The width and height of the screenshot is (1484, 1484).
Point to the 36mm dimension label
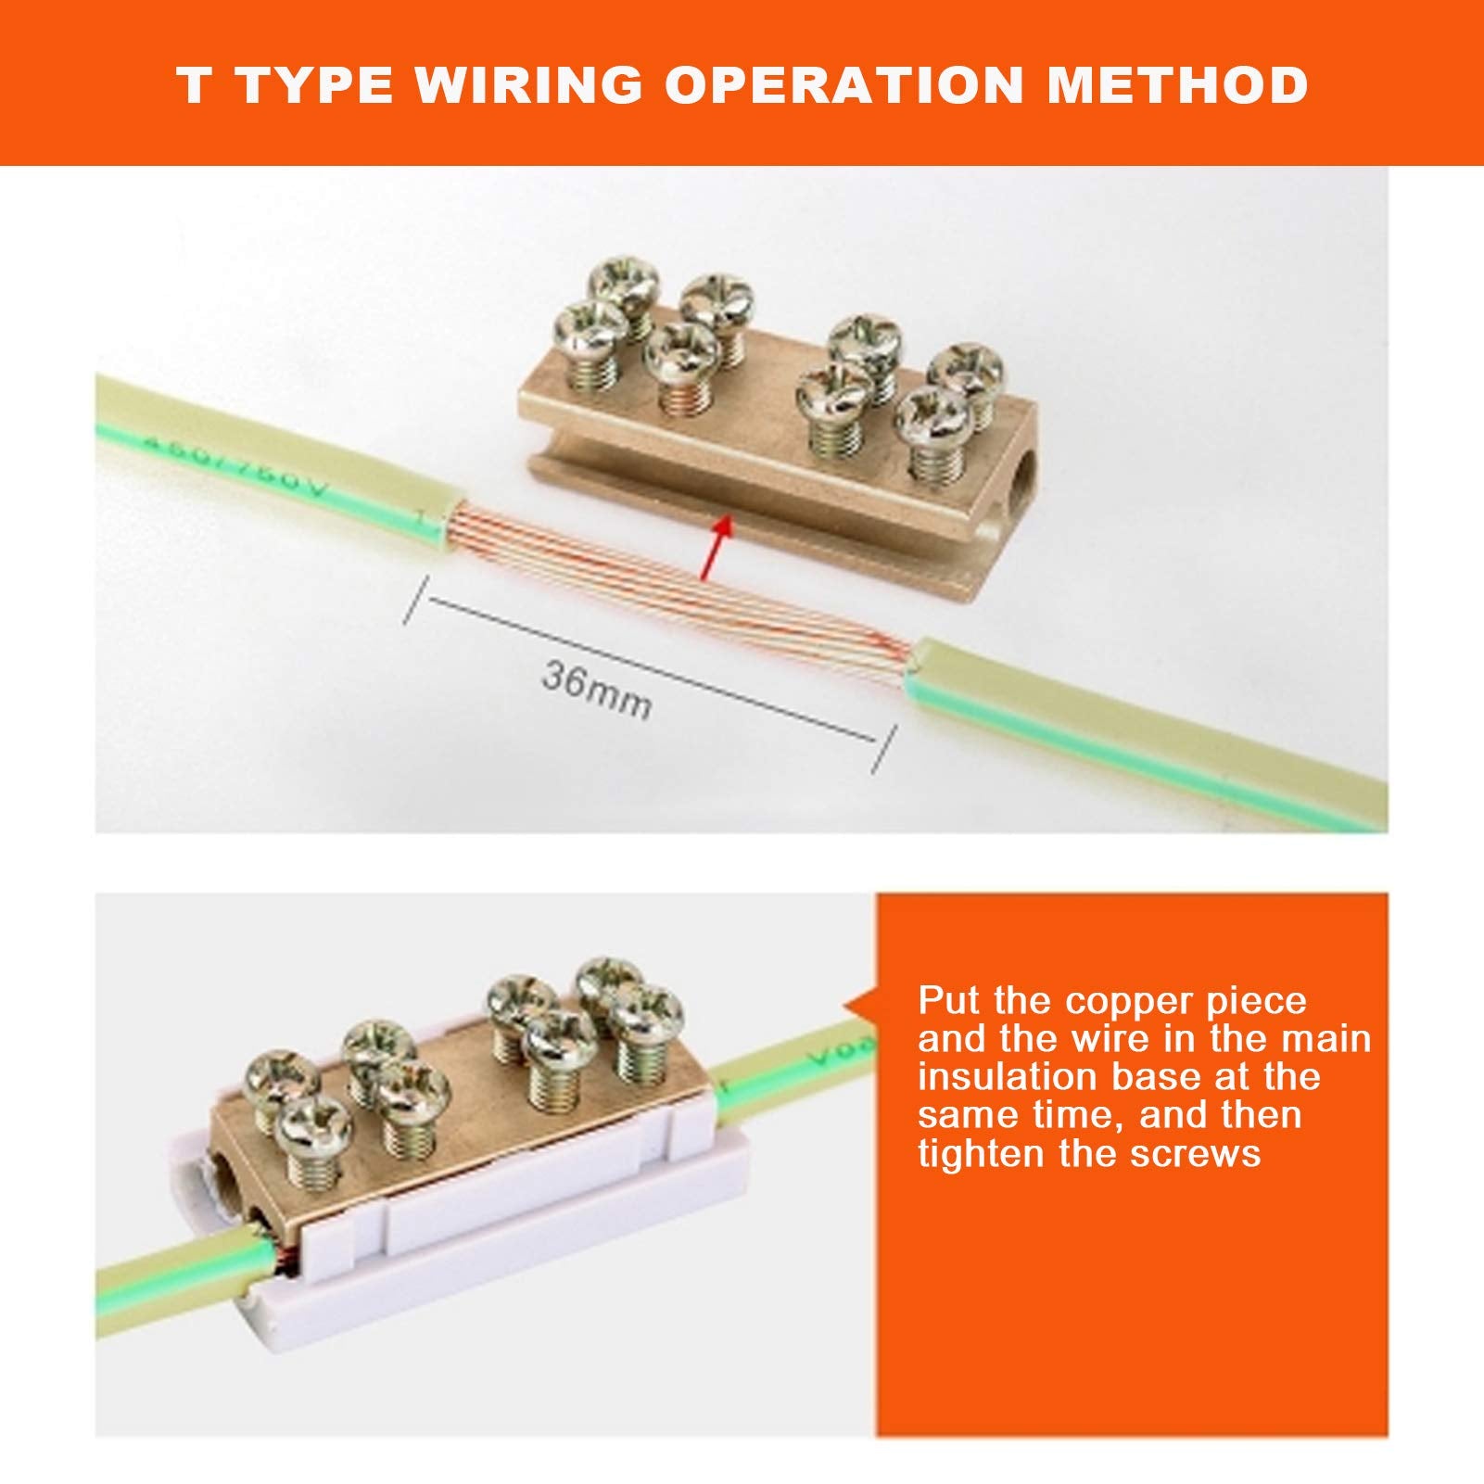pyautogui.click(x=597, y=688)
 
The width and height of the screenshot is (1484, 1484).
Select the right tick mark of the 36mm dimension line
pyautogui.click(x=884, y=749)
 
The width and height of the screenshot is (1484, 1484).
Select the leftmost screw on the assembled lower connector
pyautogui.click(x=278, y=1080)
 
